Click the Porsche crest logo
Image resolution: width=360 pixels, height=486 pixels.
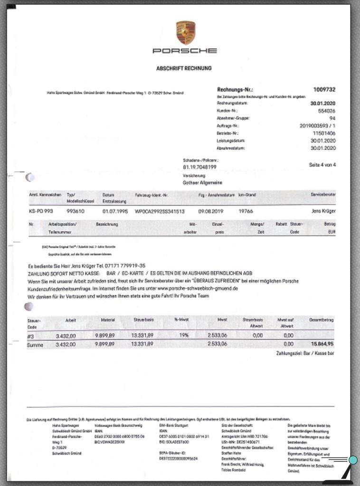(x=185, y=32)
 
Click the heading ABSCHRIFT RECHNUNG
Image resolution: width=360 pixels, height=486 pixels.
(x=184, y=68)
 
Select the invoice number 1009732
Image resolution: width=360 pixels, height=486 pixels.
(x=324, y=89)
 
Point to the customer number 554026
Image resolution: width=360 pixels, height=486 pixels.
(x=326, y=110)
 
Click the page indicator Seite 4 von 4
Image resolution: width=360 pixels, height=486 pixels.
(x=322, y=165)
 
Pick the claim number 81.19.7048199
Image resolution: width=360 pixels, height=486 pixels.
(x=199, y=167)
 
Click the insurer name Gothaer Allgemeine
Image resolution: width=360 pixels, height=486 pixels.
(x=202, y=182)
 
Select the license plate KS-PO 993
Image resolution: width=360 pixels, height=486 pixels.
(x=41, y=210)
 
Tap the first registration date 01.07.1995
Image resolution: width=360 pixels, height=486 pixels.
(x=113, y=210)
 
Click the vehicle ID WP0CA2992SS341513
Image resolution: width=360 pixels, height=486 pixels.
(x=160, y=210)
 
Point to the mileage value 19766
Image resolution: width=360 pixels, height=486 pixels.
(x=246, y=210)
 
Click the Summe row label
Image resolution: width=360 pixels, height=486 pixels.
(x=36, y=345)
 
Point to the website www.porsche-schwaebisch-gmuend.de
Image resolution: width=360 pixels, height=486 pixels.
(x=197, y=288)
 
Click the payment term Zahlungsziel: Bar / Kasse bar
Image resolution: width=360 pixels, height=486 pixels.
(x=305, y=354)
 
